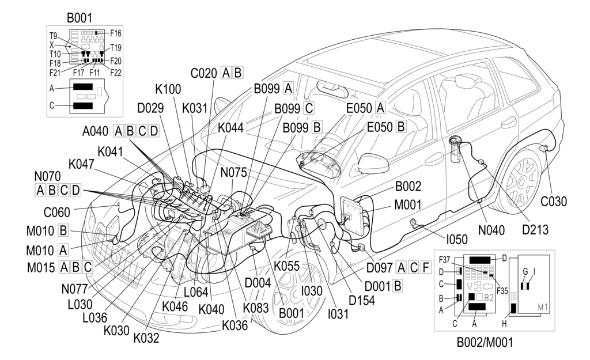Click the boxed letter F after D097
pos(425,267)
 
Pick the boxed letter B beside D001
pos(397,285)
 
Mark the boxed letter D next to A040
pos(153,131)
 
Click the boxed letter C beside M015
pos(88,267)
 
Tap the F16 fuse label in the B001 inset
pos(115,33)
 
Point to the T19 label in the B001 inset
pos(116,47)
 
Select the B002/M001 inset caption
pos(485,342)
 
